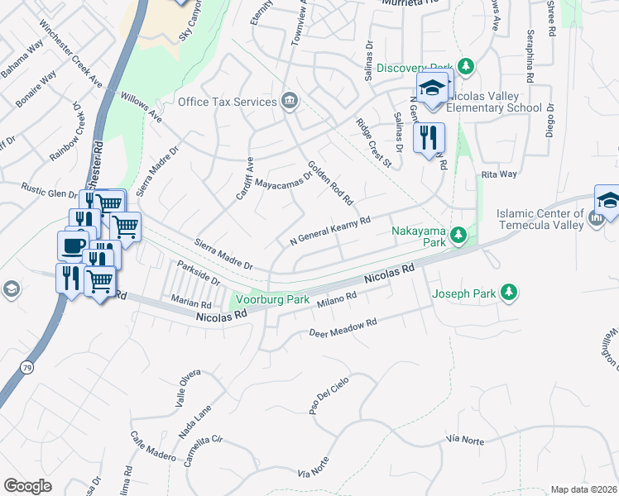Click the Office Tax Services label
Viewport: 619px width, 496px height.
(228, 102)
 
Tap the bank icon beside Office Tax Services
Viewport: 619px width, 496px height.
(290, 101)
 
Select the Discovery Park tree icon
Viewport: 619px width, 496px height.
(467, 66)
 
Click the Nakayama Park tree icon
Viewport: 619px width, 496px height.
(456, 239)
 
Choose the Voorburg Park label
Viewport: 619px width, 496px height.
(271, 299)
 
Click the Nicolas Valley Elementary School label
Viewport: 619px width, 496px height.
(495, 102)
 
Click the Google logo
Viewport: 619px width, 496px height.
(28, 486)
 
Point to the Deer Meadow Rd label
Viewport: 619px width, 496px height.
(343, 328)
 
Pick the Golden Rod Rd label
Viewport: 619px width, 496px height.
(331, 183)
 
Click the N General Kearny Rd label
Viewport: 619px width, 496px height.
(329, 231)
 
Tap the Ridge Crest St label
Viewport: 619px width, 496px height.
(373, 142)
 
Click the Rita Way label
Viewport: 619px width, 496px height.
(499, 174)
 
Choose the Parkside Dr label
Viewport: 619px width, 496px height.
(198, 274)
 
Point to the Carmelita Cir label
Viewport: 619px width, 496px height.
(204, 451)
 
